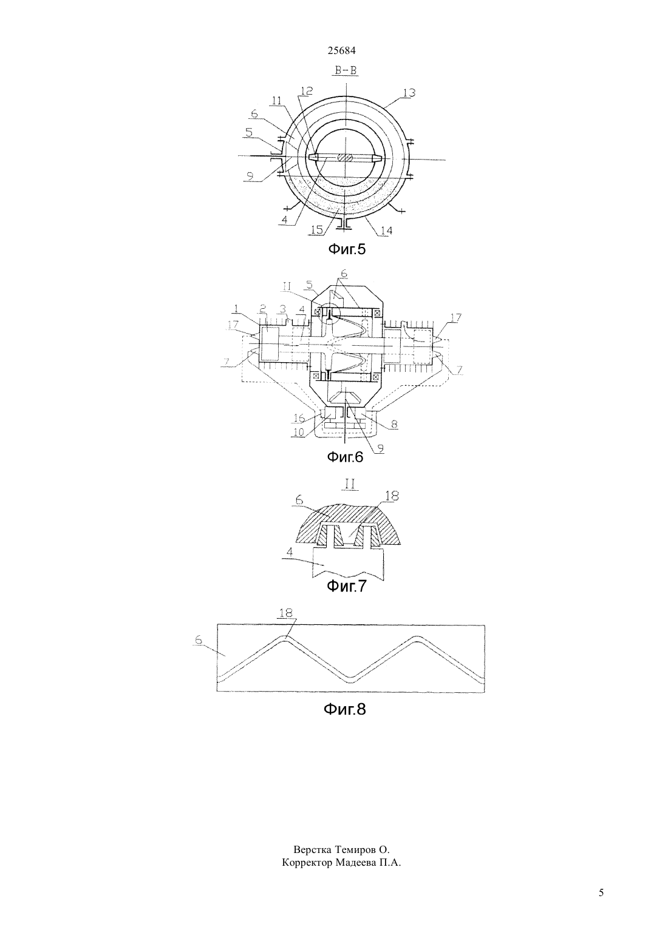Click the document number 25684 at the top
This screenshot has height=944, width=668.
tap(341, 50)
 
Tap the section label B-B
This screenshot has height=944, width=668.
tap(346, 70)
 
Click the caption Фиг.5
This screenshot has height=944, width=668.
tap(347, 249)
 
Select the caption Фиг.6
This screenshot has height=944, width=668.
tap(345, 457)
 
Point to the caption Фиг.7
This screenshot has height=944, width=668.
tap(347, 586)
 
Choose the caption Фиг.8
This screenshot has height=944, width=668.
tap(344, 709)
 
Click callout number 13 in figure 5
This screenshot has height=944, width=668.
tap(409, 93)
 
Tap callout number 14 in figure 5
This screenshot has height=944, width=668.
tap(386, 231)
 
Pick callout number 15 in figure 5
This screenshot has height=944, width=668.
tap(317, 230)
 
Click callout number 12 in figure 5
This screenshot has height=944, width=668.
tap(307, 90)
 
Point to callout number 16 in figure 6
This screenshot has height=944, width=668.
tap(299, 418)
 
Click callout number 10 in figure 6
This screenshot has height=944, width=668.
tap(298, 432)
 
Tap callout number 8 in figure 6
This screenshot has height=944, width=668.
tap(394, 424)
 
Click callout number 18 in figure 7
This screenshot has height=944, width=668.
tap(392, 496)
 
